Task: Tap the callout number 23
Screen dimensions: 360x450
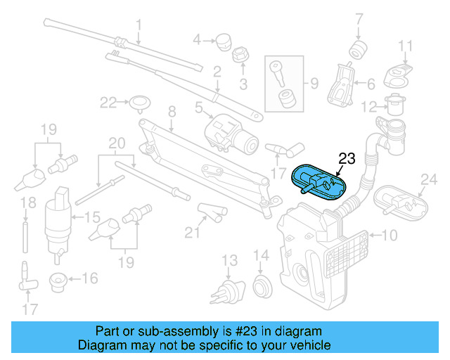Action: point(347,158)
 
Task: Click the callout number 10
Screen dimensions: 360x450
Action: point(390,234)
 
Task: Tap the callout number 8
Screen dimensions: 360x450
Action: point(171,110)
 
